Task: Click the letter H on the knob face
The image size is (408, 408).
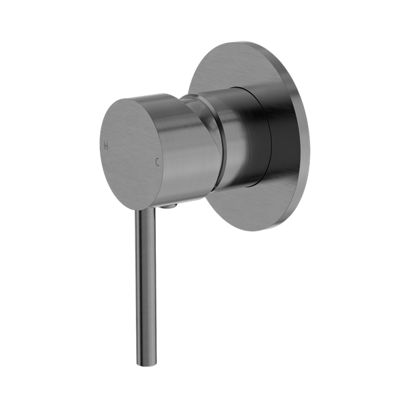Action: tap(105, 144)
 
